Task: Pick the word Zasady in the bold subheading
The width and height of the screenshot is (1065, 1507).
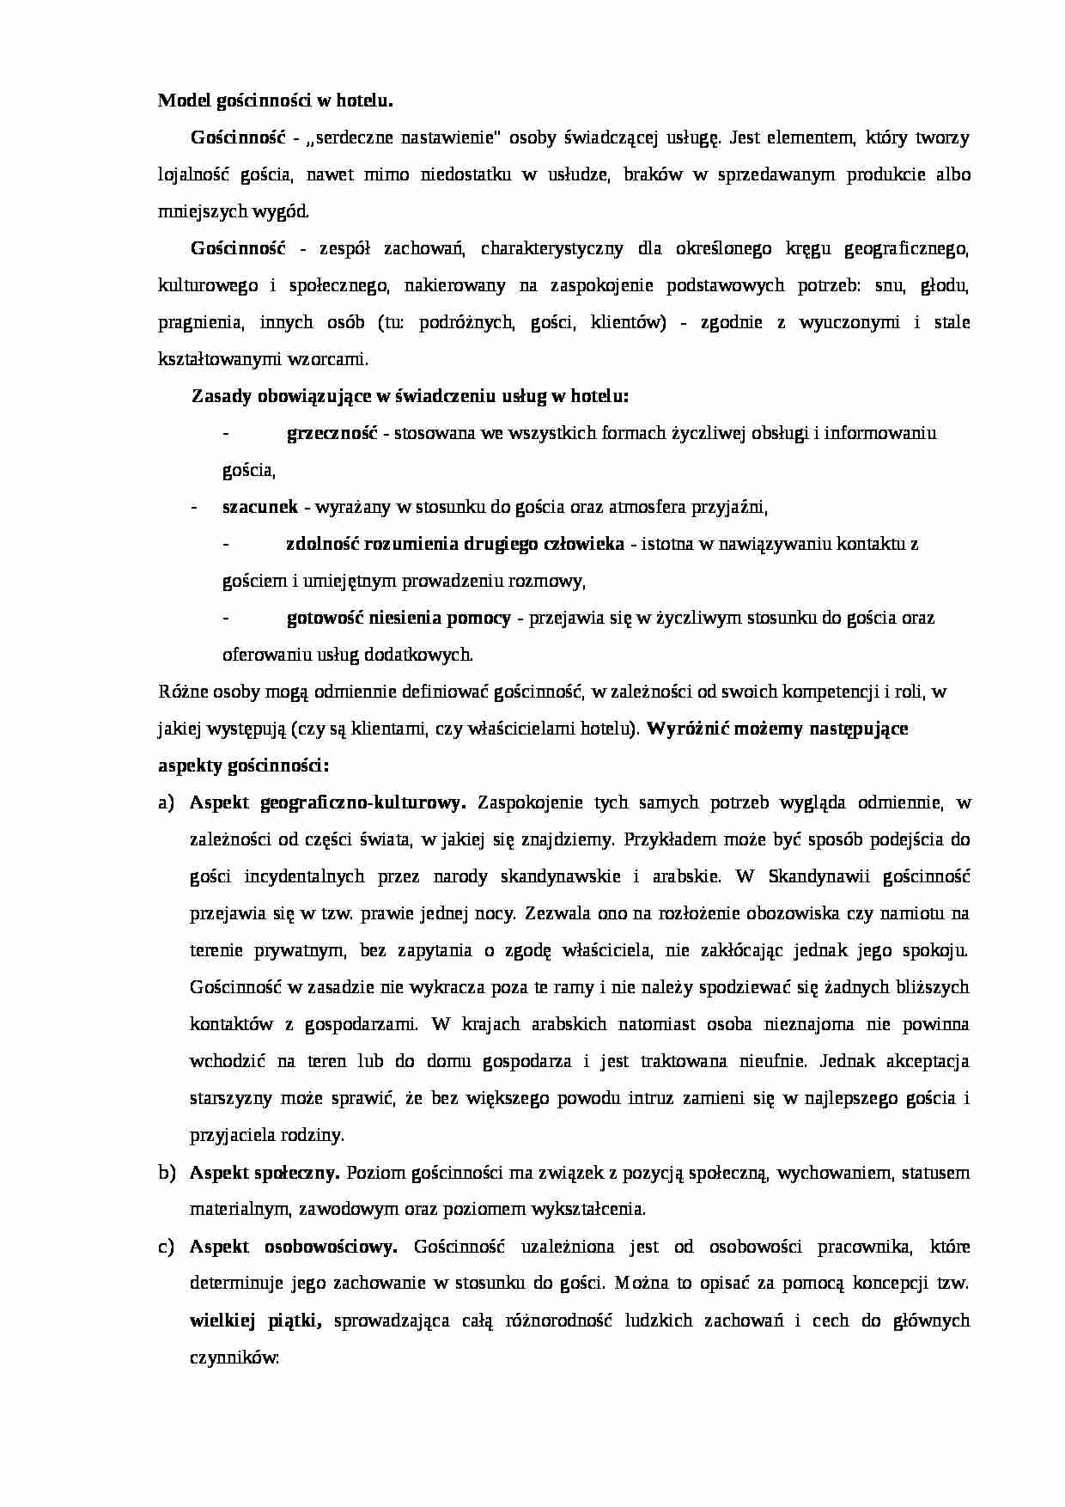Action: (218, 396)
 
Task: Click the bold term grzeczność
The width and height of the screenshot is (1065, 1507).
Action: (332, 433)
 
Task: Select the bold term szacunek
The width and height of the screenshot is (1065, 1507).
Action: (259, 507)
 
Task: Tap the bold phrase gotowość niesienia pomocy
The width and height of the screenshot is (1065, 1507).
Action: (399, 618)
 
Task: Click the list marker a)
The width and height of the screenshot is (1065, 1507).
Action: (167, 802)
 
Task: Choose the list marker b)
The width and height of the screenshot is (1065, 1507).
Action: (167, 1172)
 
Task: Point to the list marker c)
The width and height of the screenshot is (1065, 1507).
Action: (167, 1246)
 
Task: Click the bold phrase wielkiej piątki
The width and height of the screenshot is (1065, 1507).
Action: (255, 1320)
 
